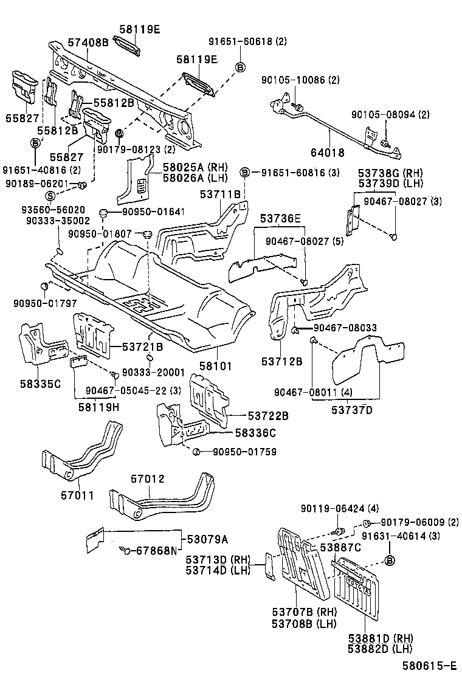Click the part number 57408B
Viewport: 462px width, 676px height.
[x=88, y=42]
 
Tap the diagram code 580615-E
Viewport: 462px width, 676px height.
[x=429, y=667]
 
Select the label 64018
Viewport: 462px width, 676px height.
[x=328, y=153]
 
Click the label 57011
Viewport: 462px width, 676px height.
[x=77, y=495]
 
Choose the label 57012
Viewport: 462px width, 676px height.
[x=148, y=480]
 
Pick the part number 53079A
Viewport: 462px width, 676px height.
[x=207, y=539]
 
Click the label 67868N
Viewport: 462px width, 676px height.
[x=156, y=551]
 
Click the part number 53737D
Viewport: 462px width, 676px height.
[x=352, y=410]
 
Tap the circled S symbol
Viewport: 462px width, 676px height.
[x=50, y=195]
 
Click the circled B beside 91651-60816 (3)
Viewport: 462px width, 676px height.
[x=244, y=172]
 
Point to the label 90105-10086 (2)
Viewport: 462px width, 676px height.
[x=301, y=80]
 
